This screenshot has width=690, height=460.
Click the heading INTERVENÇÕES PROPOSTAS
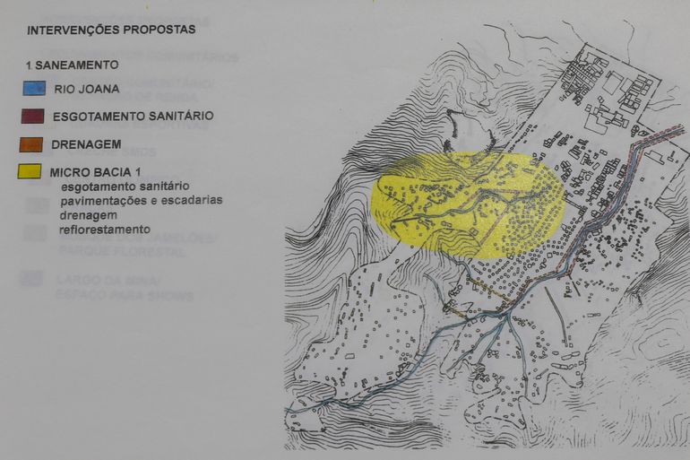click(x=111, y=30)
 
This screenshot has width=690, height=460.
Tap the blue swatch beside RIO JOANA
click(x=34, y=89)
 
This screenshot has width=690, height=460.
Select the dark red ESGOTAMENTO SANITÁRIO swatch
click(x=34, y=117)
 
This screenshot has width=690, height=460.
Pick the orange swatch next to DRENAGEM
click(x=34, y=143)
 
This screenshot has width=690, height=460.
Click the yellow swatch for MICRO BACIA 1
click(x=34, y=171)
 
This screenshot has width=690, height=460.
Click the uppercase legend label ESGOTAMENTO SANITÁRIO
click(x=133, y=117)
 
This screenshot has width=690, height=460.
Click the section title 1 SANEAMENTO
click(x=71, y=65)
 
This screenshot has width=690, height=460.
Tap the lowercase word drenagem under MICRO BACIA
click(x=89, y=215)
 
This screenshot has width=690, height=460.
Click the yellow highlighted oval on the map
click(x=468, y=199)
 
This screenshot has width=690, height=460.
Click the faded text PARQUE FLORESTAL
click(x=110, y=252)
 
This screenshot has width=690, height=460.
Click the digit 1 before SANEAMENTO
click(x=30, y=65)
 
